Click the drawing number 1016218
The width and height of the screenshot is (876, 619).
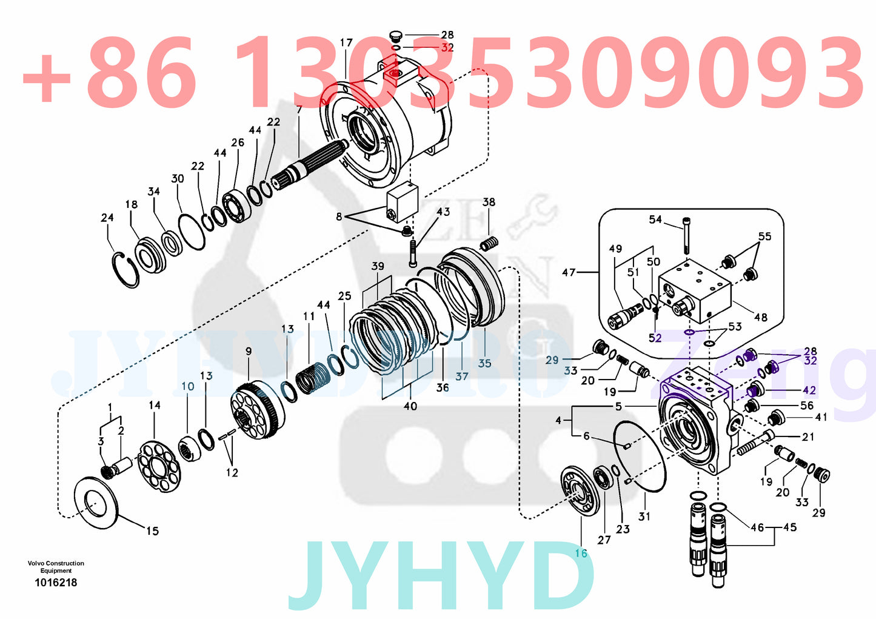(56, 583)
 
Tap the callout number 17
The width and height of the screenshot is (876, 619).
(346, 43)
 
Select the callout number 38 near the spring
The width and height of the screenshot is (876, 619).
(489, 202)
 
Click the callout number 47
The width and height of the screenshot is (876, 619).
(568, 273)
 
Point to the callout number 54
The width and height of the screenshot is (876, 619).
(655, 219)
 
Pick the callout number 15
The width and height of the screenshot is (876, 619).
(152, 531)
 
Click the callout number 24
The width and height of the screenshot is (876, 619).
(107, 218)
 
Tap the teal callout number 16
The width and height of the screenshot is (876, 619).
(581, 553)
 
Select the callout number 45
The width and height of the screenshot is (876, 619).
(790, 527)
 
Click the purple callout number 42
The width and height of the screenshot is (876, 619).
(809, 390)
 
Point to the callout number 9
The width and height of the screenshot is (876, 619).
(249, 351)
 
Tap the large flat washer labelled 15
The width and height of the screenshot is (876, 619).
(95, 503)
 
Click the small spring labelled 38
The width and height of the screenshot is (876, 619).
(489, 244)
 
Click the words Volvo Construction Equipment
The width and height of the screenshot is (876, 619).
(56, 567)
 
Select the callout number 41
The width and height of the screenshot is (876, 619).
(821, 417)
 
